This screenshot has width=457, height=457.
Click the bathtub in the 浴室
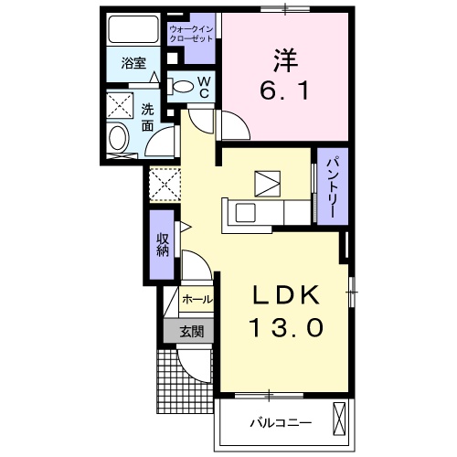133,29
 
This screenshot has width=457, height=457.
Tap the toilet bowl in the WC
183,87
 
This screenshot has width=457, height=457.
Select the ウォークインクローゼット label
191,34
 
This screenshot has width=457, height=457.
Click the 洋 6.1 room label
285,75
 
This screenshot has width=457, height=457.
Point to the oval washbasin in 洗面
119,139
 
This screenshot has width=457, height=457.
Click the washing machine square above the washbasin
120,105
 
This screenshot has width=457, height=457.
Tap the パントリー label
332,186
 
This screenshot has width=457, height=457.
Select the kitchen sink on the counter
245,213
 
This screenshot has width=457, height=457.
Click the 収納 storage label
163,244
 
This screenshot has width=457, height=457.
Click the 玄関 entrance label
192,331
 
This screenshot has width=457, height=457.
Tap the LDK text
286,295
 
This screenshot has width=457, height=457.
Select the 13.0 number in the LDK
286,327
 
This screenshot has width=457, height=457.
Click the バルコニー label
281,423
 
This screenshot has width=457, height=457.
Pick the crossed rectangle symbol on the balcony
339,420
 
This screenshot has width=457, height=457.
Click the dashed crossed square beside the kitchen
165,184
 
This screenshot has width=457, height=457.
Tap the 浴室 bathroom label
133,63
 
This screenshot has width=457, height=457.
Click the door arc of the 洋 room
239,122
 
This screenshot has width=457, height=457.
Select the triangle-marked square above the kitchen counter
268,184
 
